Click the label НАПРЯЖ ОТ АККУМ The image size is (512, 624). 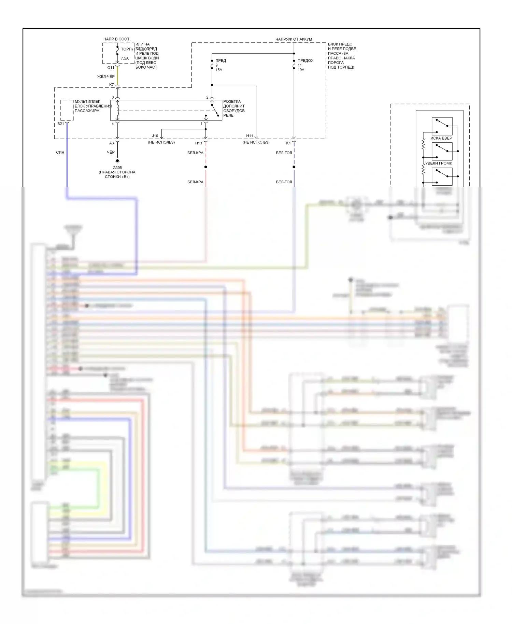(294, 39)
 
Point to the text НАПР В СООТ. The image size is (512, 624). (117, 39)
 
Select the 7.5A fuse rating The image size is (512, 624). (125, 58)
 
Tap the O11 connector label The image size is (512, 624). (111, 68)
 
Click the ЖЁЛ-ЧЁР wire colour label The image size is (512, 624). (106, 76)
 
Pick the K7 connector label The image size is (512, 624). (111, 85)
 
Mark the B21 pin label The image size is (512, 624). (60, 124)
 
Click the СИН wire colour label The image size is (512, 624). (60, 152)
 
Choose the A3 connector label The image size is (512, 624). (111, 143)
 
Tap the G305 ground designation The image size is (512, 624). (117, 168)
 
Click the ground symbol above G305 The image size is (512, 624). (117, 161)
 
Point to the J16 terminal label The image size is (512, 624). (155, 136)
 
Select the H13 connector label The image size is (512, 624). (199, 143)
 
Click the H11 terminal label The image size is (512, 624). (250, 136)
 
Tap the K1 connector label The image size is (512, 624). (288, 143)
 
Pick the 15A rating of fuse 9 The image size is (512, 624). (219, 70)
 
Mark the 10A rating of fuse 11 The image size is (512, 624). (301, 70)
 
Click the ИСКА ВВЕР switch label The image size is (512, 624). (441, 138)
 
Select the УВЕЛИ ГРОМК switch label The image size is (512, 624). (438, 163)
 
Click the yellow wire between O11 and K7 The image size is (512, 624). (117, 76)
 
